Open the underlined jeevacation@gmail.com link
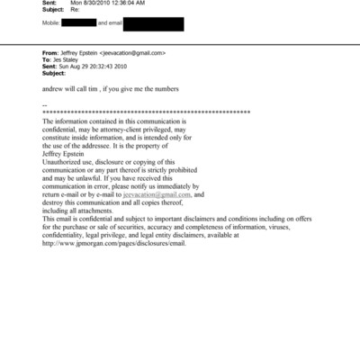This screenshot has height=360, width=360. (157, 194)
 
